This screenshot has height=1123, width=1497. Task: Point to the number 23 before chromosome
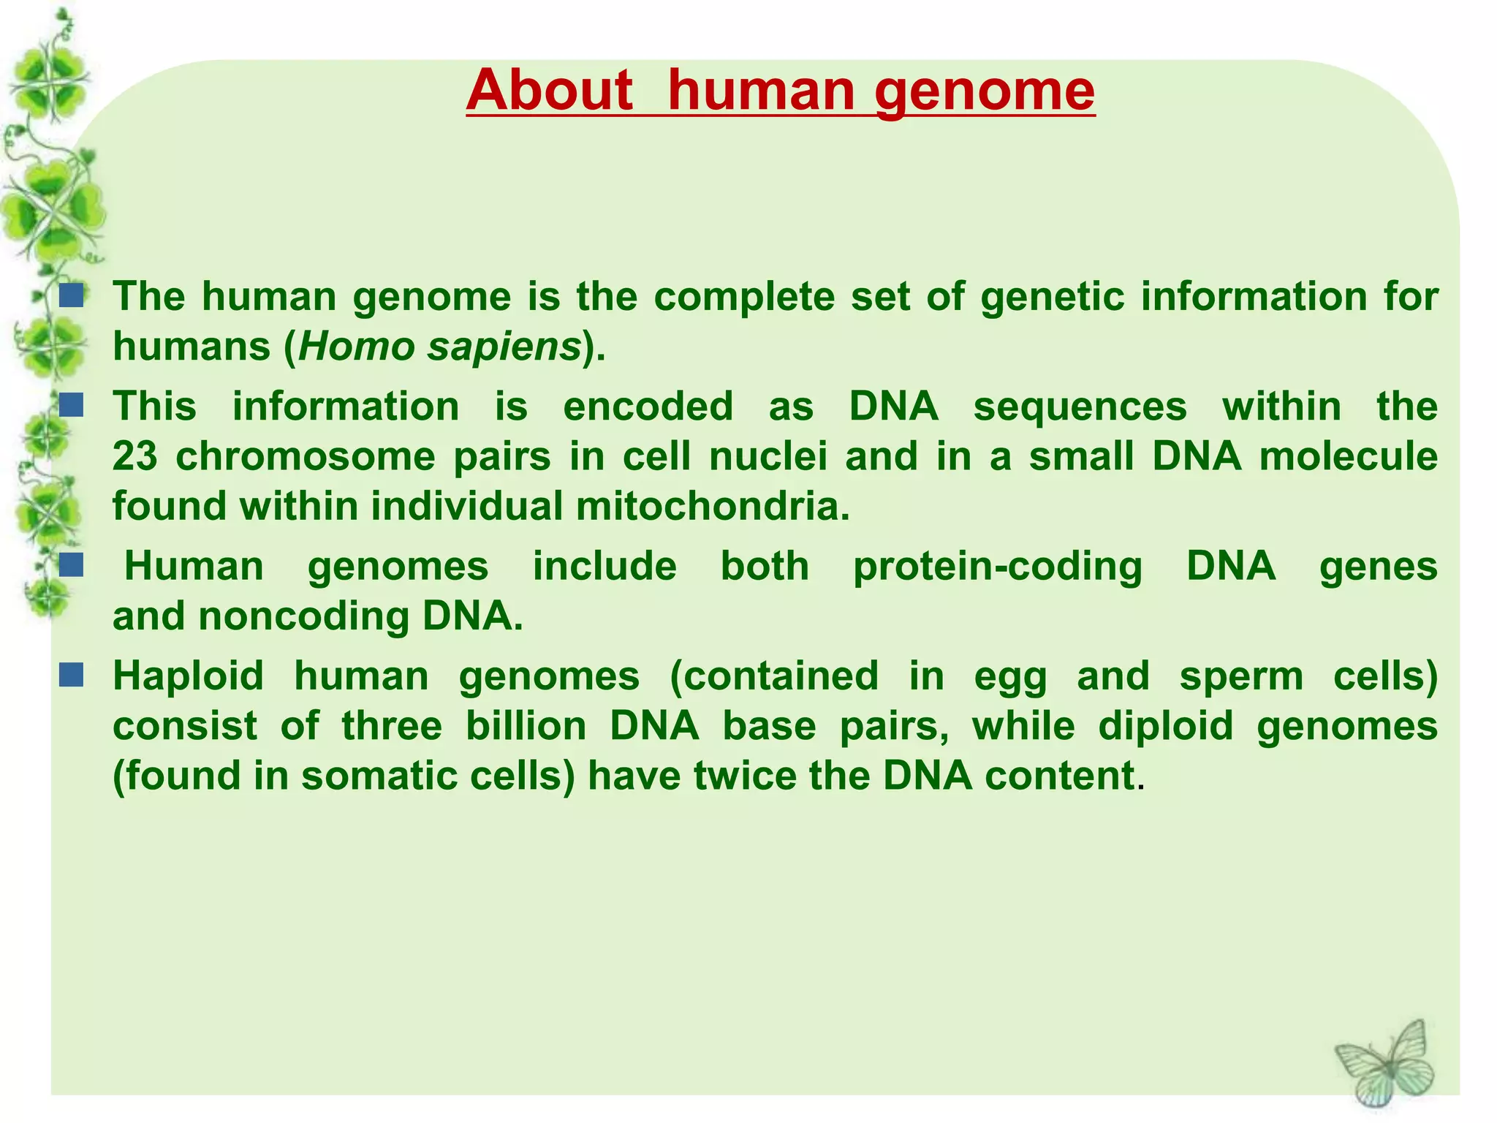pyautogui.click(x=135, y=457)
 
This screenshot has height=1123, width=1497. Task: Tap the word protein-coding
pyautogui.click(x=997, y=567)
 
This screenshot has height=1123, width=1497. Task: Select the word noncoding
pyautogui.click(x=303, y=616)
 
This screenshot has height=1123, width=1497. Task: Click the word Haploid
pyautogui.click(x=188, y=676)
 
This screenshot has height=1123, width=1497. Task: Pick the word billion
pyautogui.click(x=526, y=726)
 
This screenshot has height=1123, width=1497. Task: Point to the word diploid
pyautogui.click(x=1166, y=726)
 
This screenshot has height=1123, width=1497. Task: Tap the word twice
pyautogui.click(x=746, y=776)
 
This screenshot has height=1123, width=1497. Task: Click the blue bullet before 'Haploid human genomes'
pyautogui.click(x=71, y=675)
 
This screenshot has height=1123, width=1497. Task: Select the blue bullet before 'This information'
pyautogui.click(x=71, y=405)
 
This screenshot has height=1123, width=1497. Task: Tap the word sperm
pyautogui.click(x=1241, y=676)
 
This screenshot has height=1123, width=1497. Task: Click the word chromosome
pyautogui.click(x=305, y=457)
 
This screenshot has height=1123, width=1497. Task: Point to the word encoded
pyautogui.click(x=648, y=407)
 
